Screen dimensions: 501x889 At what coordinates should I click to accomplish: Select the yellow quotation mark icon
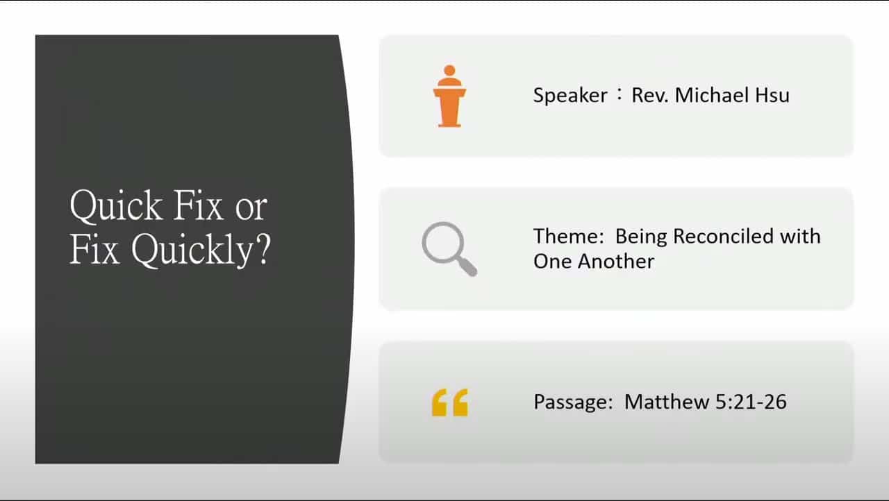[x=449, y=402]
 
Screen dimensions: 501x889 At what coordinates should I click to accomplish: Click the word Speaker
[x=570, y=95]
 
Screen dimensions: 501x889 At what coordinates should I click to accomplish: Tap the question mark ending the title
[x=261, y=250]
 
